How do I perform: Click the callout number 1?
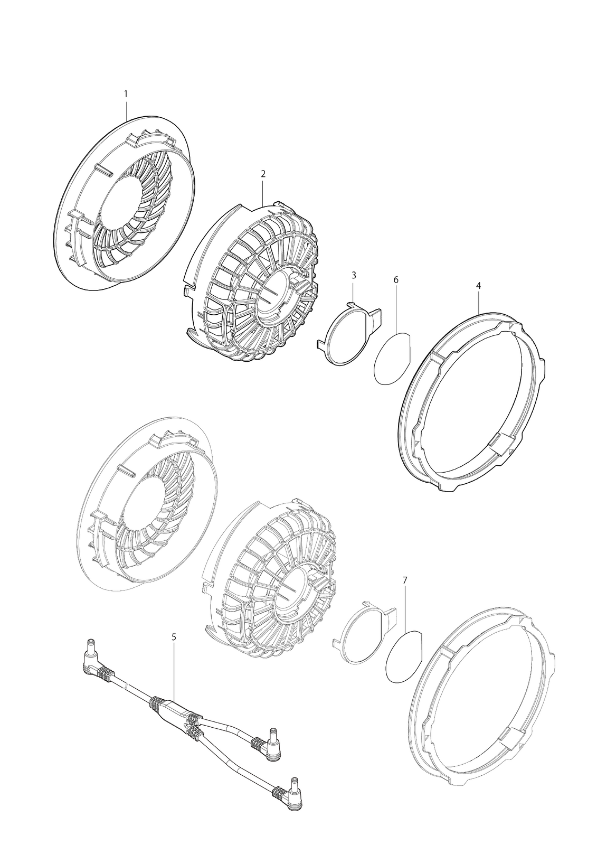126,93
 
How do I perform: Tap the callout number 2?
263,174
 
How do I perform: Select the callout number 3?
354,275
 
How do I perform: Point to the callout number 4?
478,286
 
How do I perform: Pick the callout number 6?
395,280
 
